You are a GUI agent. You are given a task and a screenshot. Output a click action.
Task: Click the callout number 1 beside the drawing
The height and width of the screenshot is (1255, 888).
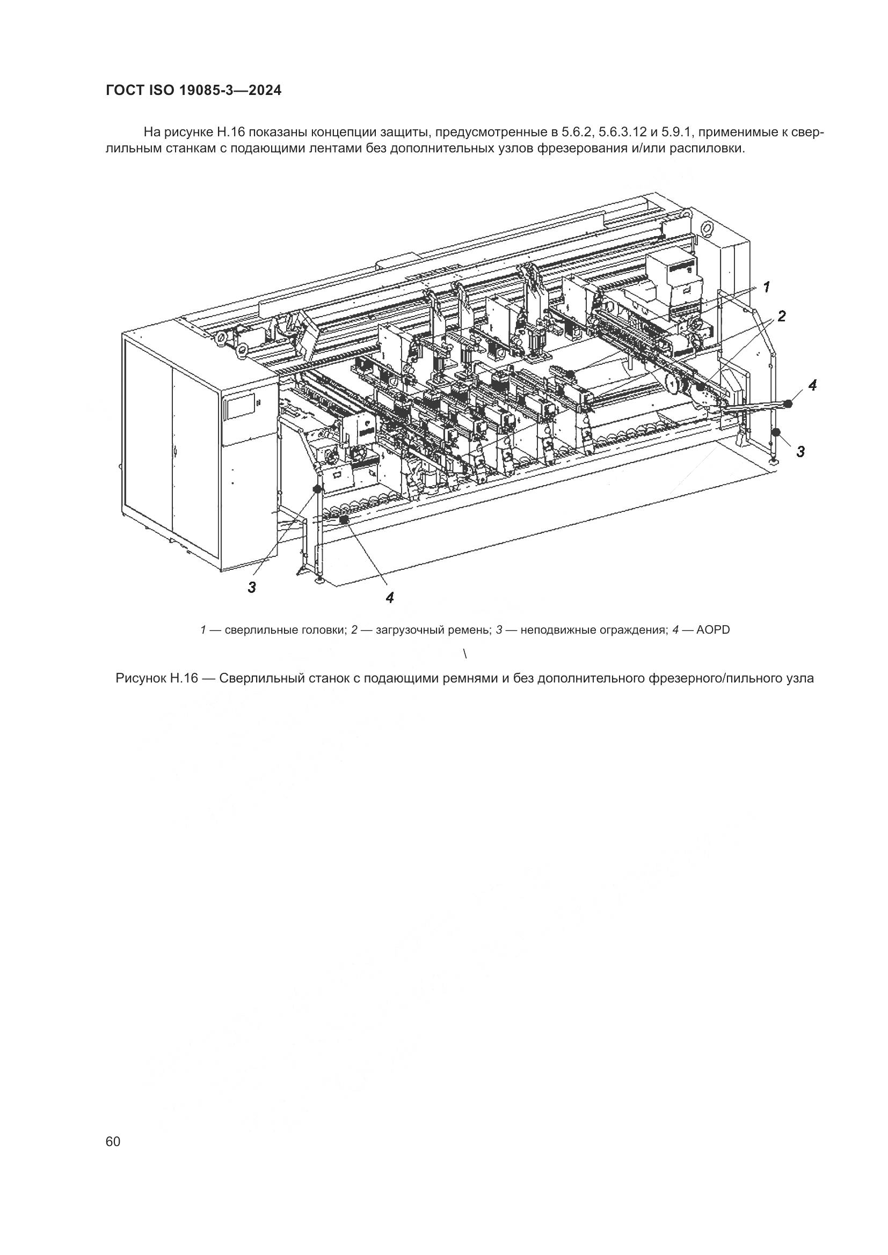tap(767, 287)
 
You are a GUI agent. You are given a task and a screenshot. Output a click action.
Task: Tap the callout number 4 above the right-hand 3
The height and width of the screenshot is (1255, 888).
tap(812, 385)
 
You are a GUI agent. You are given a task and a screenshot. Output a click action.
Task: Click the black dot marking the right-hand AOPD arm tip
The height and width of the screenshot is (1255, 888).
tap(788, 404)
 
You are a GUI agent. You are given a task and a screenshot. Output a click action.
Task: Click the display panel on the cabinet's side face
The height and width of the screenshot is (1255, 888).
tap(239, 406)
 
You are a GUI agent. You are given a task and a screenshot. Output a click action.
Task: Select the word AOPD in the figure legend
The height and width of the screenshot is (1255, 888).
tap(714, 630)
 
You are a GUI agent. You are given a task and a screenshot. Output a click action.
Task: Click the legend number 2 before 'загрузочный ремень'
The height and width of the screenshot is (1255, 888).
tap(354, 630)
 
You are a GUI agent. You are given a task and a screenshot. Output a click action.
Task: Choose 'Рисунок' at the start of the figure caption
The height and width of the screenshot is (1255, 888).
tap(141, 679)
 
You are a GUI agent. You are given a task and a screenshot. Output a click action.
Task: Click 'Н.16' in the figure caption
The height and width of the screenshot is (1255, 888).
tap(184, 679)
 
